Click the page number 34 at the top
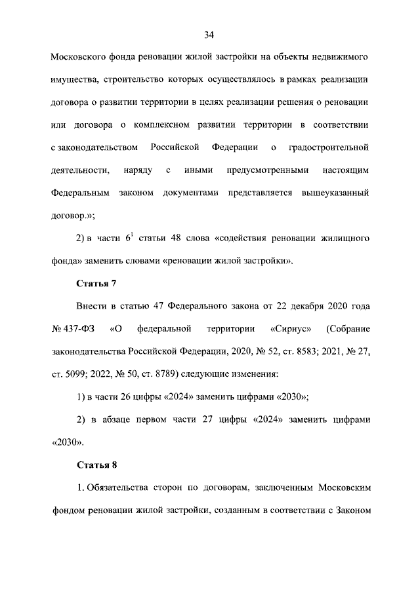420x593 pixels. [209, 34]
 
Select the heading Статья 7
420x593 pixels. [97, 283]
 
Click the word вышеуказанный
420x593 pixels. [335, 193]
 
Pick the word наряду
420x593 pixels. [138, 170]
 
